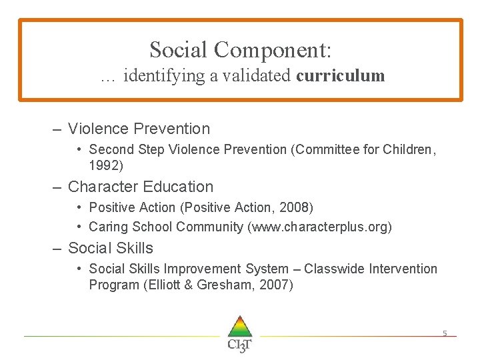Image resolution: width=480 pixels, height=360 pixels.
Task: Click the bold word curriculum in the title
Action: tap(341, 76)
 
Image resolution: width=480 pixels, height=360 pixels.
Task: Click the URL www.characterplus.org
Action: tap(319, 227)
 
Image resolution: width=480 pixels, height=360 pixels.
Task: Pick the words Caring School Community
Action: tap(166, 227)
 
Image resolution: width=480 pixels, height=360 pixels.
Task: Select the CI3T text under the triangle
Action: tap(239, 345)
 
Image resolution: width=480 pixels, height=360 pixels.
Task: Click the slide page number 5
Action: tap(445, 333)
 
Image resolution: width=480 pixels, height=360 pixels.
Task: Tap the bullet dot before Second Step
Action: tap(79, 149)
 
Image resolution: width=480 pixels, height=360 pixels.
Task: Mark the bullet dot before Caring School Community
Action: tap(79, 227)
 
